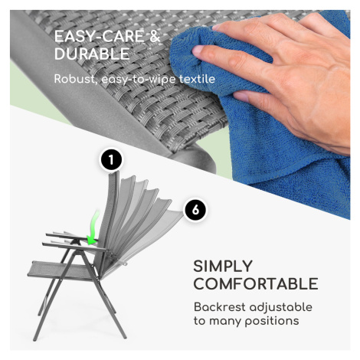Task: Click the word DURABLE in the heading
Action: point(92,54)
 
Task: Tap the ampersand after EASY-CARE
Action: point(155,36)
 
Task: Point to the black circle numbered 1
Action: point(111,160)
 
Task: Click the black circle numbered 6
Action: point(195,210)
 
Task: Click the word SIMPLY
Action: point(223,267)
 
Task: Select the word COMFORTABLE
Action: point(256,283)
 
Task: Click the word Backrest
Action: point(219,307)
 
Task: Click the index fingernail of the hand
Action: point(198,50)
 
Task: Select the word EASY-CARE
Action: point(100,36)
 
